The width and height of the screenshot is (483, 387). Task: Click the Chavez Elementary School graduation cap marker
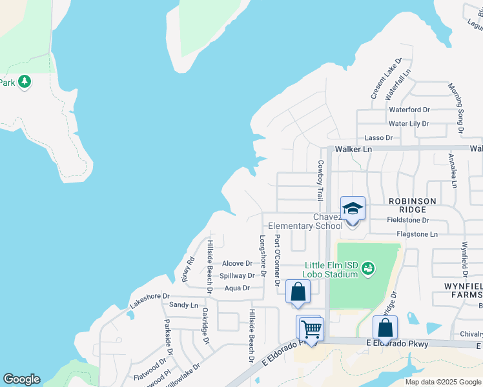(x=353, y=208)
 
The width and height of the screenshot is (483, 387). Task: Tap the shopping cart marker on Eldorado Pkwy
(x=311, y=328)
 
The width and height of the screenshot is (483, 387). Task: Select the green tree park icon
(x=25, y=82)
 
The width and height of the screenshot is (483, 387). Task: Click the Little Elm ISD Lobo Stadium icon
(x=368, y=267)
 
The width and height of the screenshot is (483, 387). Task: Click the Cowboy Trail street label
(x=318, y=181)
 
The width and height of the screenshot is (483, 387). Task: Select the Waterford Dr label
(x=409, y=110)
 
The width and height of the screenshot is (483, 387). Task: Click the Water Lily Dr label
(x=408, y=123)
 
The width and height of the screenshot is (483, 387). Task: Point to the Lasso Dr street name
(x=378, y=137)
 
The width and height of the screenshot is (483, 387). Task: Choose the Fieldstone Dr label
(x=412, y=220)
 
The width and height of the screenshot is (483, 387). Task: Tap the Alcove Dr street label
(x=237, y=263)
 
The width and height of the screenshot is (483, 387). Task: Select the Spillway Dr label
(x=237, y=275)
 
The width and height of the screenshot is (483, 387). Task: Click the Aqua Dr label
(x=237, y=288)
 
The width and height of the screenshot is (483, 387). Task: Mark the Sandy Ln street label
(x=183, y=304)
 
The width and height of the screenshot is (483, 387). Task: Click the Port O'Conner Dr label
(x=277, y=260)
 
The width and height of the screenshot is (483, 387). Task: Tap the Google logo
(x=21, y=379)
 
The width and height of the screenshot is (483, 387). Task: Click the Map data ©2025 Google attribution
(x=442, y=381)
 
